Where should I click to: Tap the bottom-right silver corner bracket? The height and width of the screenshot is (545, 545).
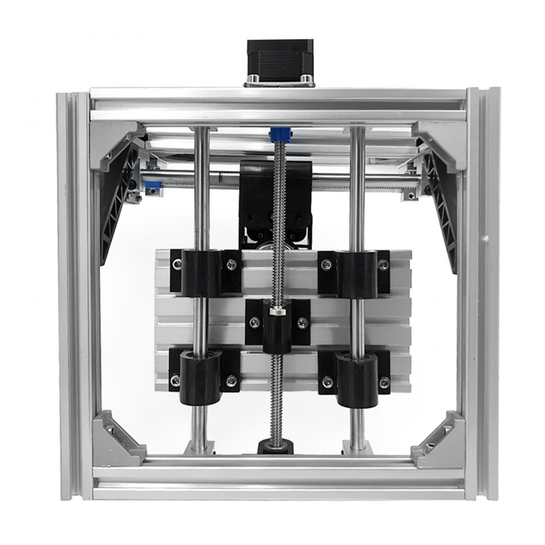[439, 439]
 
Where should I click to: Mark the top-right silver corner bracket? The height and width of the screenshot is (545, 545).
[439, 142]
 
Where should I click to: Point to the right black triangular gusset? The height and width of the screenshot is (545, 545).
[443, 207]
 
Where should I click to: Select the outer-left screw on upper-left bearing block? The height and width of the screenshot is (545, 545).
[177, 265]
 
